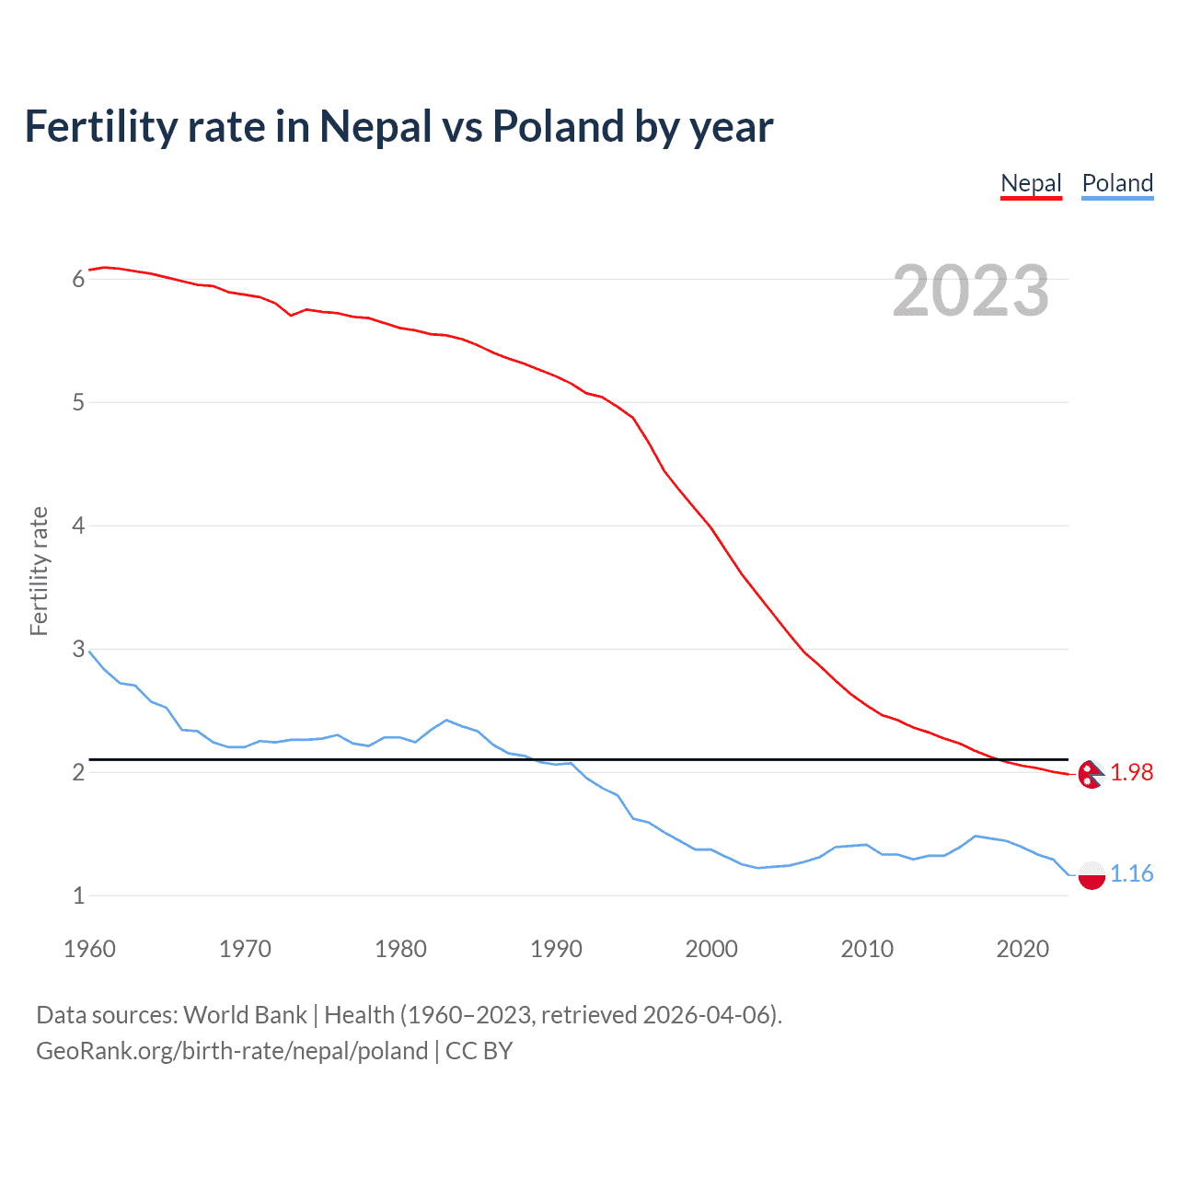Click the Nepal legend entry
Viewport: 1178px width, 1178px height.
pyautogui.click(x=1031, y=183)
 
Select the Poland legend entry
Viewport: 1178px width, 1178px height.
pyautogui.click(x=1117, y=183)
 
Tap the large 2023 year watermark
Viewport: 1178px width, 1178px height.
pyautogui.click(x=971, y=291)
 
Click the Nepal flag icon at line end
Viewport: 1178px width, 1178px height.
pyautogui.click(x=1091, y=774)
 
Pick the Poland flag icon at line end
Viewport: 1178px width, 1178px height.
pyautogui.click(x=1091, y=874)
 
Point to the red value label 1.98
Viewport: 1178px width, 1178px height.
pyautogui.click(x=1131, y=773)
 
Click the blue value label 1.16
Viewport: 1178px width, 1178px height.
pyautogui.click(x=1131, y=873)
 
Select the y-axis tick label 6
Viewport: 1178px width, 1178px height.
pyautogui.click(x=78, y=280)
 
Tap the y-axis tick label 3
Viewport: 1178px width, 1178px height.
pyautogui.click(x=78, y=650)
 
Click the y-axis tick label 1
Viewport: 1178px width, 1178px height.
pyautogui.click(x=78, y=895)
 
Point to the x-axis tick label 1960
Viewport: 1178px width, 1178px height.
pyautogui.click(x=89, y=949)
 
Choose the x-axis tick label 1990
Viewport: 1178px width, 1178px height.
pyautogui.click(x=556, y=949)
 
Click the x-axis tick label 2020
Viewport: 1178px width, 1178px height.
pyautogui.click(x=1022, y=949)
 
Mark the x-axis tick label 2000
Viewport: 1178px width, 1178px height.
pyautogui.click(x=711, y=949)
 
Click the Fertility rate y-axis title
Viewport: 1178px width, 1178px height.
pyautogui.click(x=39, y=571)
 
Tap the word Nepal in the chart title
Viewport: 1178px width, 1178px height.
pyautogui.click(x=375, y=127)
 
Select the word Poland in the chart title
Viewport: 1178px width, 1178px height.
pyautogui.click(x=558, y=127)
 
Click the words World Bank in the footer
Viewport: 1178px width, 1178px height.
pyautogui.click(x=245, y=1015)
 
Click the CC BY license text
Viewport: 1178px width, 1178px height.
pyautogui.click(x=479, y=1051)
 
